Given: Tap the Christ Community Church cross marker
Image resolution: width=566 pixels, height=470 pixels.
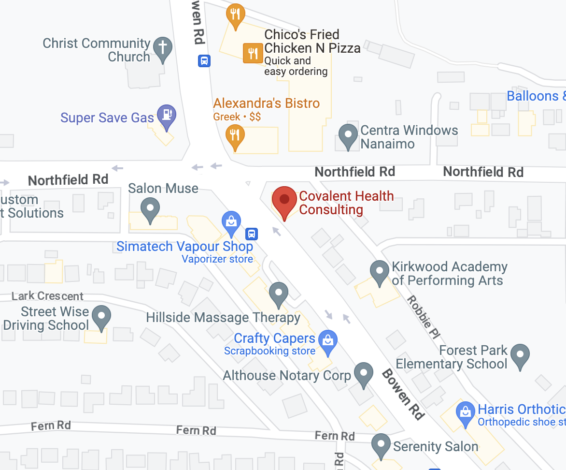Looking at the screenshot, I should click(163, 48).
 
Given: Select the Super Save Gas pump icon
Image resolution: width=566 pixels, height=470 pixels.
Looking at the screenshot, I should click(167, 115).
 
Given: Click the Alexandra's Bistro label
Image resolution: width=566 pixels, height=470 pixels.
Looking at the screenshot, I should click(267, 103).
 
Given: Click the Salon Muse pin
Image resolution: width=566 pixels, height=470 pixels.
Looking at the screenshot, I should click(150, 209).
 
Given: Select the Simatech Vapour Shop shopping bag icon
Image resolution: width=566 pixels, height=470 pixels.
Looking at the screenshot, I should click(231, 222).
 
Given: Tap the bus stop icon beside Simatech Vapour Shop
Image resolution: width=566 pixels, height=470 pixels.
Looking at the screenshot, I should click(251, 234).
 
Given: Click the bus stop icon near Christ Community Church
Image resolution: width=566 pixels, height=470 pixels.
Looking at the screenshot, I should click(204, 61).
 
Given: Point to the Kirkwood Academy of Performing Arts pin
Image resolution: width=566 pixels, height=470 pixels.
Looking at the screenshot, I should click(379, 271).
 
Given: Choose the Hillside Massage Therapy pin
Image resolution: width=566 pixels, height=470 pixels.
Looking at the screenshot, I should click(278, 293).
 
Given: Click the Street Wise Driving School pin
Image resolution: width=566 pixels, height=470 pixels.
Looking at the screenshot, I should click(101, 316).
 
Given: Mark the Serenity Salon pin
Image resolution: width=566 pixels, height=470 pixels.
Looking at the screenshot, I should click(382, 444).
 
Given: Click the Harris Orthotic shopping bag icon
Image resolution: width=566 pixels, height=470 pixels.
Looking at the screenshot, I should click(466, 412).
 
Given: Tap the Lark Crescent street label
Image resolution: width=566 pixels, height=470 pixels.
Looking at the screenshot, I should click(47, 296).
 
